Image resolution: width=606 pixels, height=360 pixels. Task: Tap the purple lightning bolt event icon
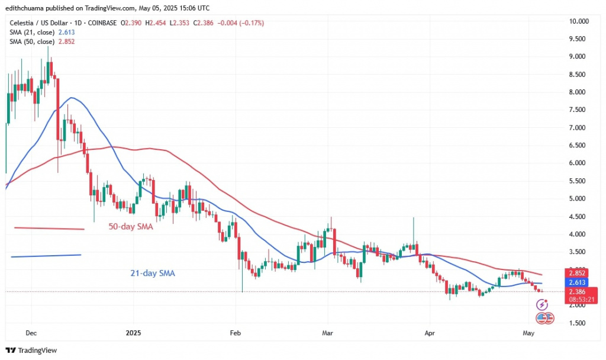(x=541, y=306)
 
